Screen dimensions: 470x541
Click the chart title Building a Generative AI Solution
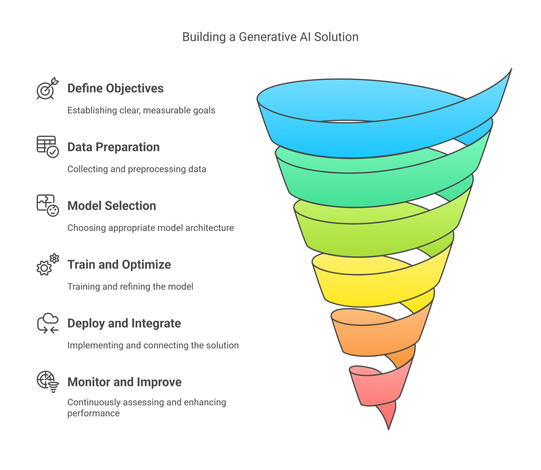click(x=270, y=37)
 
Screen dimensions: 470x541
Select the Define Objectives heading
click(x=115, y=88)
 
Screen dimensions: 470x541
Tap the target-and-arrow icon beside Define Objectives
click(x=47, y=89)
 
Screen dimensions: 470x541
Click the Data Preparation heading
click(x=113, y=147)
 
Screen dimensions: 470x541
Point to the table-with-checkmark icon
click(x=48, y=147)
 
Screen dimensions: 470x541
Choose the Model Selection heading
click(x=112, y=206)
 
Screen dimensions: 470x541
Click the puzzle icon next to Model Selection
click(x=48, y=205)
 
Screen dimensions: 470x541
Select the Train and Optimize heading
click(x=119, y=265)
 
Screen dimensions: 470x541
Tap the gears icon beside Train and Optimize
click(x=48, y=265)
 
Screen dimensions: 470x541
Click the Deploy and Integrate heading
click(x=124, y=323)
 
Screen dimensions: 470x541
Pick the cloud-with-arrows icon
click(x=48, y=323)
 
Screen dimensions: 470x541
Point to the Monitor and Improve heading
click(x=124, y=382)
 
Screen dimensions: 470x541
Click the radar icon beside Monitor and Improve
click(x=48, y=382)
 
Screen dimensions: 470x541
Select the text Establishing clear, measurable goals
click(x=141, y=111)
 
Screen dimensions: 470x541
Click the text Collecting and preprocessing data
click(x=137, y=169)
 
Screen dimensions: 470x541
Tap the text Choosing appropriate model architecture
click(x=150, y=228)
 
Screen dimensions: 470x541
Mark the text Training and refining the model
click(x=130, y=287)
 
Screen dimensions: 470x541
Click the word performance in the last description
click(x=93, y=413)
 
